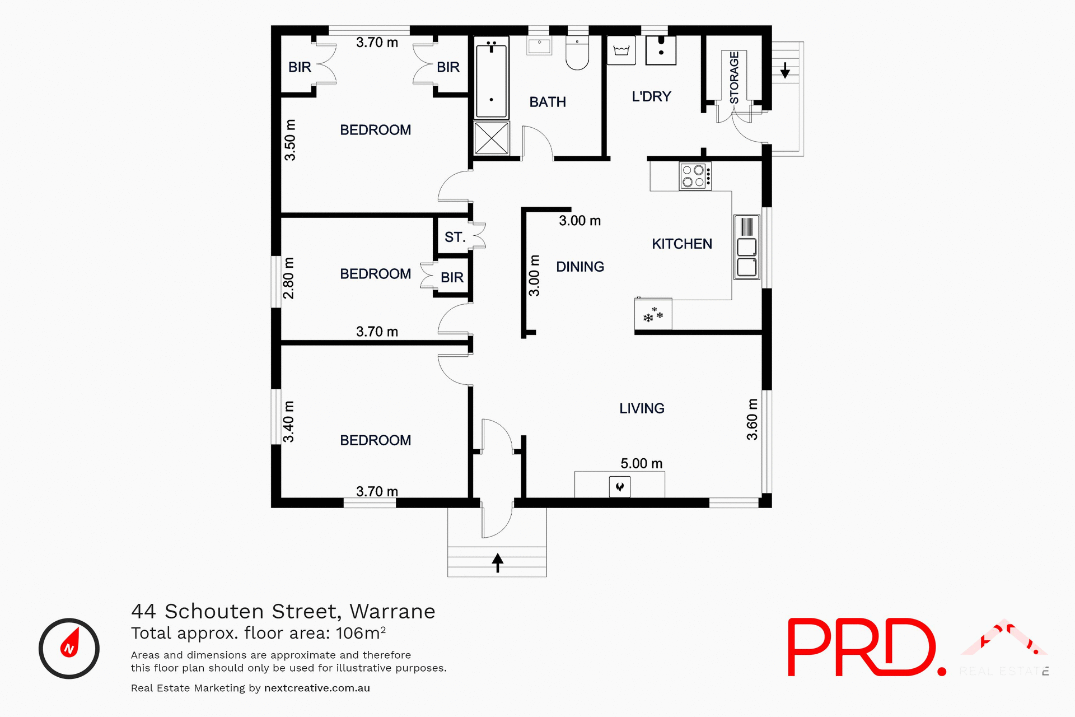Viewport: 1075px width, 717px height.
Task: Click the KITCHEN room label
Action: [x=681, y=244]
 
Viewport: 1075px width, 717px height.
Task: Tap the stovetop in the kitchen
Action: [x=695, y=176]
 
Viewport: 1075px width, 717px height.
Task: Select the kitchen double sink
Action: [x=746, y=247]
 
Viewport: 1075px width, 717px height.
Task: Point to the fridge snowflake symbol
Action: [x=653, y=315]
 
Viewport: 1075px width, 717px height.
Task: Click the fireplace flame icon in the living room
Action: [x=620, y=487]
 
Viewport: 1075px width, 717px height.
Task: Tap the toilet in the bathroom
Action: [x=577, y=54]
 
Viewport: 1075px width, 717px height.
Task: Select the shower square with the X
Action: [x=491, y=138]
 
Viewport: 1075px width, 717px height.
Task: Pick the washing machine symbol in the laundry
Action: [x=621, y=51]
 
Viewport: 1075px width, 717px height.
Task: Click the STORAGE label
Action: [x=734, y=77]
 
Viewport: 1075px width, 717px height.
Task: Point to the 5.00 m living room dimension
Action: [x=641, y=463]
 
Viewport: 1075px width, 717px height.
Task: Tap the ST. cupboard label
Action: [x=455, y=237]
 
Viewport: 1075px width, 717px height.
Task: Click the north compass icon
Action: [x=69, y=648]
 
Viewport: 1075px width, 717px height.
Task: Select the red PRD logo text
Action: [x=863, y=647]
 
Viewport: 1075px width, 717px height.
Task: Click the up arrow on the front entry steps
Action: [x=497, y=562]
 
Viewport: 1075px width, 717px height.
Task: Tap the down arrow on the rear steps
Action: [x=785, y=70]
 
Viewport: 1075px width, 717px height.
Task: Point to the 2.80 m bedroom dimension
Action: [x=288, y=278]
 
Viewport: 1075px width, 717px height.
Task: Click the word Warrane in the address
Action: [x=392, y=611]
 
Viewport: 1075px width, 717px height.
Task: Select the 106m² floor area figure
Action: [x=361, y=633]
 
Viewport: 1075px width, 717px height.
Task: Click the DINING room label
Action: [x=579, y=267]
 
